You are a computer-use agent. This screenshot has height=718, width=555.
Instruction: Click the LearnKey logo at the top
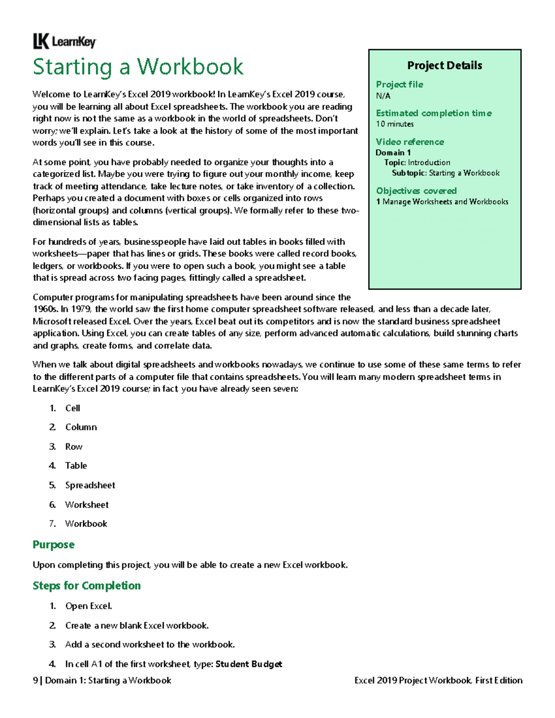64,42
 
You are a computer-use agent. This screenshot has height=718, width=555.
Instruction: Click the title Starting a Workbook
138,67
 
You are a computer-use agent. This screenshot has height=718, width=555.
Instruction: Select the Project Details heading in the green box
444,66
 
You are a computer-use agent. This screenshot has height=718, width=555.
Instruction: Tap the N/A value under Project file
383,96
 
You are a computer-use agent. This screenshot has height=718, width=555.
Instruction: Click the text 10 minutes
395,124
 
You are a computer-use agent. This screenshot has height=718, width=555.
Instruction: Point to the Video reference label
410,142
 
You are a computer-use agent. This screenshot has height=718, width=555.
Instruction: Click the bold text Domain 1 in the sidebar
393,153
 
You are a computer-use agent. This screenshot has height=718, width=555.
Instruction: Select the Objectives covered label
416,191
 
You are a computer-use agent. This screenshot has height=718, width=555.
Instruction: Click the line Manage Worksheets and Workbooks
445,202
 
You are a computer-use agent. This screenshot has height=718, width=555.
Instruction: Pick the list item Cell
73,408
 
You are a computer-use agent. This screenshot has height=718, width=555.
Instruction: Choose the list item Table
76,466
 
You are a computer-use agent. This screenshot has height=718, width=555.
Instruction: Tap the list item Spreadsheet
90,485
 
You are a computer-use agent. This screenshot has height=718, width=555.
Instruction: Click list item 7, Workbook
86,524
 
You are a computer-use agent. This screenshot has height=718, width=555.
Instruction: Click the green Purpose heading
53,545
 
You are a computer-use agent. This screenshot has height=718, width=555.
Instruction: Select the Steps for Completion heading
86,586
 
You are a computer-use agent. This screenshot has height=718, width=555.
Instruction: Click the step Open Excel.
88,606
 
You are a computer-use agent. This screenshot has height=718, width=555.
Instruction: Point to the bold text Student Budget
249,664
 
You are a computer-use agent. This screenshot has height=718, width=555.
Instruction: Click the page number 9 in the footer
35,681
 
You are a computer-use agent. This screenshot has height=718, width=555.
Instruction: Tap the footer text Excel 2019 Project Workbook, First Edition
438,681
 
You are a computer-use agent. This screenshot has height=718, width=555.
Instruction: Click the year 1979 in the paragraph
81,309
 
